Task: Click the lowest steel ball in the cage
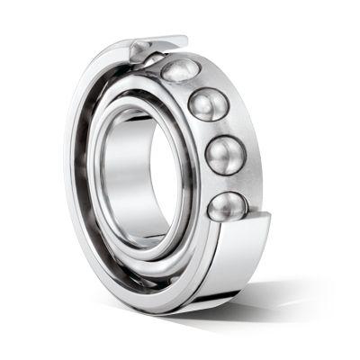click(226, 206)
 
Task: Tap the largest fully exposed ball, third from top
click(224, 155)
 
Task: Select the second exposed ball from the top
click(208, 104)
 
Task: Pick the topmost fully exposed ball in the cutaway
click(180, 70)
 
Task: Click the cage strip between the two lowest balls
click(230, 183)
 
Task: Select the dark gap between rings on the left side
click(87, 180)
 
